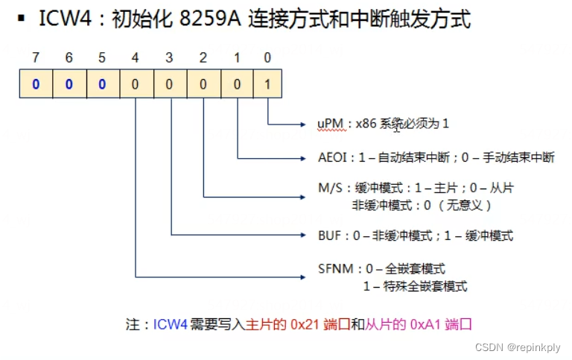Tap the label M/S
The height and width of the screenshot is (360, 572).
pyautogui.click(x=328, y=189)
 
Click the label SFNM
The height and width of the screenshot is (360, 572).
pyautogui.click(x=332, y=269)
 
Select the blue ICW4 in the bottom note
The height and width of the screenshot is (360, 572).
pyautogui.click(x=171, y=326)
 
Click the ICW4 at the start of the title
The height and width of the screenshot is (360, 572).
pyautogui.click(x=65, y=19)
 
